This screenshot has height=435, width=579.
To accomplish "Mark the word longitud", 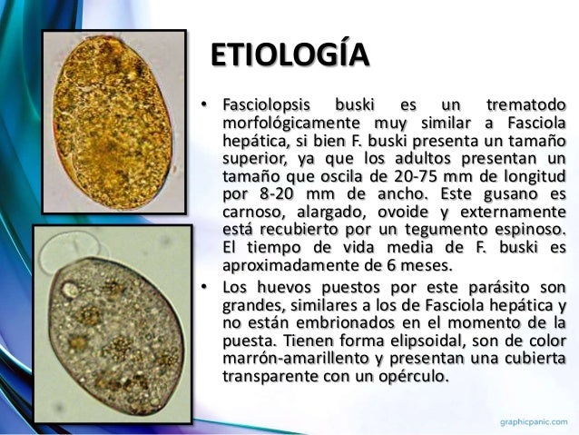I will pyautogui.click(x=529, y=175).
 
